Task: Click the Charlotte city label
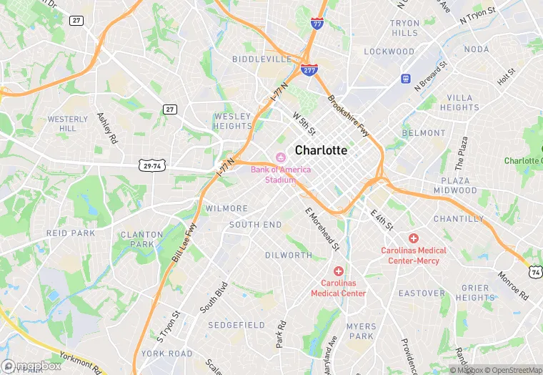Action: click(x=321, y=150)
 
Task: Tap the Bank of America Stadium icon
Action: click(x=280, y=157)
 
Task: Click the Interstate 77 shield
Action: click(x=317, y=24)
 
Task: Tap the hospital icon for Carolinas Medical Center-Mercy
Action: click(x=413, y=238)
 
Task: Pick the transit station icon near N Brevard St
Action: click(x=406, y=78)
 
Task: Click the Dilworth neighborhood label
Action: click(x=289, y=255)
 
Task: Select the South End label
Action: click(x=255, y=225)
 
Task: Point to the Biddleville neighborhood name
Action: click(x=261, y=59)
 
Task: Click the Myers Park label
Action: click(x=361, y=331)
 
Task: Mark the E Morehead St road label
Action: click(x=322, y=229)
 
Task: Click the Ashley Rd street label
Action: click(x=106, y=127)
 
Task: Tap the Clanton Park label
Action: click(x=137, y=239)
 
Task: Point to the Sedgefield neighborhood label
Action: click(x=236, y=325)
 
